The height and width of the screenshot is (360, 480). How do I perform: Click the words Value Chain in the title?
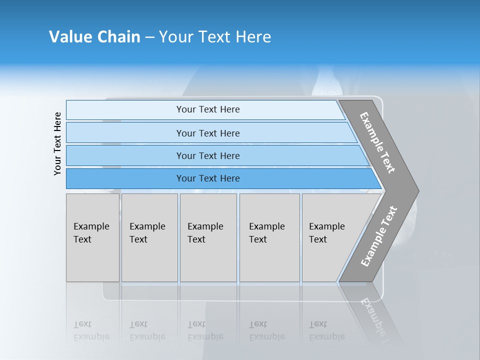tap(94, 37)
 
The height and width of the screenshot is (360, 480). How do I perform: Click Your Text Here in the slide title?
tap(215, 37)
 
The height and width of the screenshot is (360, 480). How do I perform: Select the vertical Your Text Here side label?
tap(58, 143)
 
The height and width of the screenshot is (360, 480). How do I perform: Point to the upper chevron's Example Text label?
tap(377, 142)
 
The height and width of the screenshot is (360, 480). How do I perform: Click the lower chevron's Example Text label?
tap(379, 236)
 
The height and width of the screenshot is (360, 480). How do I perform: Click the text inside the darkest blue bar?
tap(208, 178)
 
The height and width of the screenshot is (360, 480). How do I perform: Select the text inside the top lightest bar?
tap(208, 109)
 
